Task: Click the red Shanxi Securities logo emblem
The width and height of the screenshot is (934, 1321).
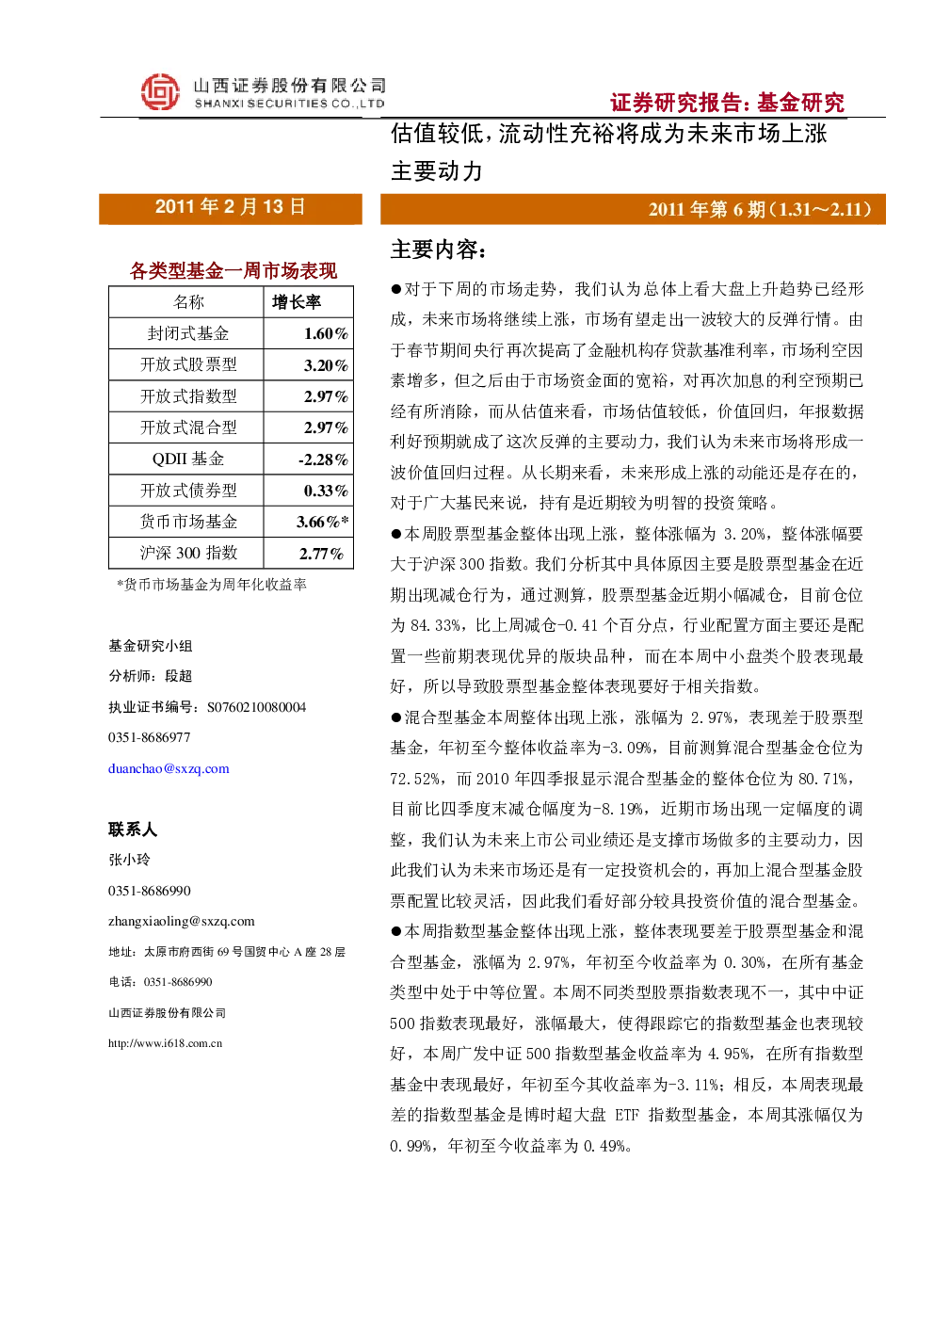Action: [160, 91]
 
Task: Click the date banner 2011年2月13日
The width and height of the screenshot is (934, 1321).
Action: [230, 207]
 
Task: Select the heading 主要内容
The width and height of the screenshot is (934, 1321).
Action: [439, 250]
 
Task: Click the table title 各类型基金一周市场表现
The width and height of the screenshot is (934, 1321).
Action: [233, 270]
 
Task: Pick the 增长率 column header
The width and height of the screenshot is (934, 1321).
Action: [296, 302]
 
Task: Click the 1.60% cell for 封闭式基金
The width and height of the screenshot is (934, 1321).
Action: [326, 334]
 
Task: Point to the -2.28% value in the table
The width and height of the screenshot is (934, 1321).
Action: [323, 459]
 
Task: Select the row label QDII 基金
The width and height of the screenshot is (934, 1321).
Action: [188, 459]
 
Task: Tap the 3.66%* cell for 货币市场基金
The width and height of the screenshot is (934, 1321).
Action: [322, 522]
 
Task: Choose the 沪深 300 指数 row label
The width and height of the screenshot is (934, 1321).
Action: [188, 554]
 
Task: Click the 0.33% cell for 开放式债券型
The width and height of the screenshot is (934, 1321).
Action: [326, 491]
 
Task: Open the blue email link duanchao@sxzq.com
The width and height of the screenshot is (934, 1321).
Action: [169, 768]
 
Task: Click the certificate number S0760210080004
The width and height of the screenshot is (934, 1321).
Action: [256, 707]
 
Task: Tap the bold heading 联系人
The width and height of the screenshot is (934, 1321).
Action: [133, 830]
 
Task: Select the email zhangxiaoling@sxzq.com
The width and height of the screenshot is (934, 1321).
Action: [181, 921]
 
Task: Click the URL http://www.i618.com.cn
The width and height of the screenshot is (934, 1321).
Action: [165, 1043]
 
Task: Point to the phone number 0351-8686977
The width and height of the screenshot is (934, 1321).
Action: [149, 737]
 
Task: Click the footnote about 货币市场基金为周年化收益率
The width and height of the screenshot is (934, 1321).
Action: [212, 585]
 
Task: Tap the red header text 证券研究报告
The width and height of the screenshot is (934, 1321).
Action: [676, 103]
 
